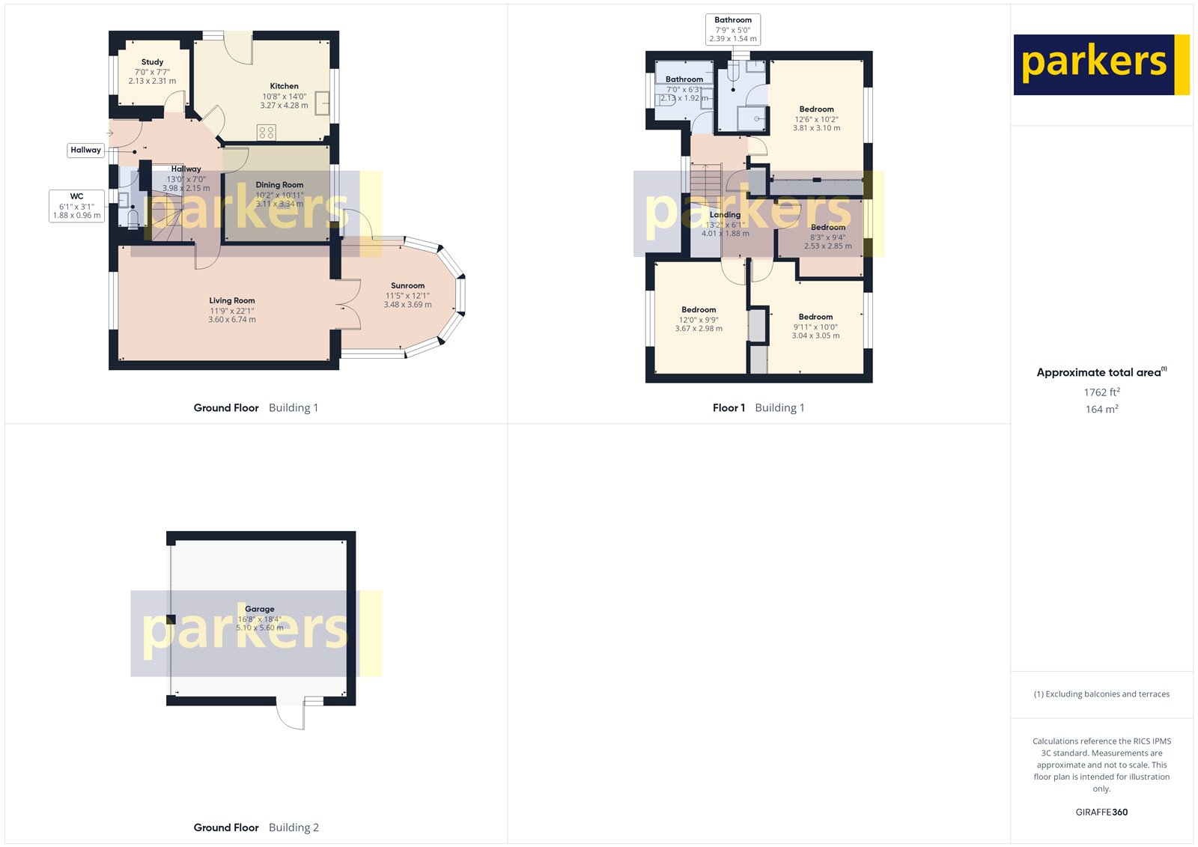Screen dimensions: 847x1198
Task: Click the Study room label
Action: (152, 62)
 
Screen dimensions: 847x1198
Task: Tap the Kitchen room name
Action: (284, 86)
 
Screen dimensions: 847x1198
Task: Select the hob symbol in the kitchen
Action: (266, 133)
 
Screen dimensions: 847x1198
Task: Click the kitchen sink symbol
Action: (322, 103)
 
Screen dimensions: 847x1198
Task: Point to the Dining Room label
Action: (279, 185)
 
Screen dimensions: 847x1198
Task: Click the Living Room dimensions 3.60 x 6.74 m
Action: (232, 320)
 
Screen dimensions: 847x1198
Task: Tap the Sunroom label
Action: (407, 285)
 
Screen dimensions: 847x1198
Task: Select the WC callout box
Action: (76, 206)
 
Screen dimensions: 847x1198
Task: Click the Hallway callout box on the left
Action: (85, 150)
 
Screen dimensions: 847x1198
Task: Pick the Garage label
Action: (259, 609)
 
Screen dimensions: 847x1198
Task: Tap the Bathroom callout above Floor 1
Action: (733, 29)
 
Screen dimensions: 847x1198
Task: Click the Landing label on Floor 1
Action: (725, 215)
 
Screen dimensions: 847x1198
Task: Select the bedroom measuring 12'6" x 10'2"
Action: (816, 118)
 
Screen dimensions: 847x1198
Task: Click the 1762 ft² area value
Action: (1101, 392)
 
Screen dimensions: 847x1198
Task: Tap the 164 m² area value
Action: (1101, 410)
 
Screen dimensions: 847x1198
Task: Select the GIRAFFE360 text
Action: (1101, 812)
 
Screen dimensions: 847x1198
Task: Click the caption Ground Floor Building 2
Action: (256, 828)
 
